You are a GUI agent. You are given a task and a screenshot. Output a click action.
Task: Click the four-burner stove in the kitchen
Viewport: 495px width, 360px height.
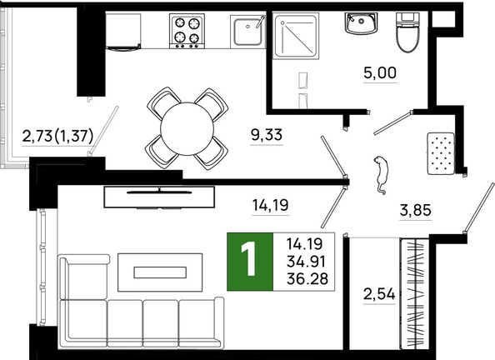pos(187,31)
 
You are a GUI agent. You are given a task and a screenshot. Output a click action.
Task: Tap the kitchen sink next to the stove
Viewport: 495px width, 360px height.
pos(248,31)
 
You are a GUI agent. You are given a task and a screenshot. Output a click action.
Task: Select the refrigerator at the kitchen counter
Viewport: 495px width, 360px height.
pos(123,32)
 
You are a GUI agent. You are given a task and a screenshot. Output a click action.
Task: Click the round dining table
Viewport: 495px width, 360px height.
pos(187,129)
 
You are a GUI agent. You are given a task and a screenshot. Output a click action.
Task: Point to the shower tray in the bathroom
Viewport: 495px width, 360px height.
pos(296,36)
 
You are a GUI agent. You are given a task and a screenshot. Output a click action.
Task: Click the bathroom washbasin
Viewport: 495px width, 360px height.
pos(361,22)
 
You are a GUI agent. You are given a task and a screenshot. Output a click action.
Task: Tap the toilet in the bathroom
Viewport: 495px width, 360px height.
pos(407,32)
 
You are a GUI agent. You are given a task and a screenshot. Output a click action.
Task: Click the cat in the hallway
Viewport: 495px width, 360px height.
pos(381,174)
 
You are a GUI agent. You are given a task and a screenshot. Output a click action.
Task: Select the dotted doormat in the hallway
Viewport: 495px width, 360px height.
pos(441,153)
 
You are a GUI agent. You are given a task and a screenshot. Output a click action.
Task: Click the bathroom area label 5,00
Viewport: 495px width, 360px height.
pos(380,73)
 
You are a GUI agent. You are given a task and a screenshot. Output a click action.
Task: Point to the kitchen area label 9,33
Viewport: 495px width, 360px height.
pos(267,135)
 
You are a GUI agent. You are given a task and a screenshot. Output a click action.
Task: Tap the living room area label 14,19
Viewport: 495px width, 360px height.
pos(271,205)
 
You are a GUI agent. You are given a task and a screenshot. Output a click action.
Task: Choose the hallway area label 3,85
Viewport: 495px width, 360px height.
pos(416,210)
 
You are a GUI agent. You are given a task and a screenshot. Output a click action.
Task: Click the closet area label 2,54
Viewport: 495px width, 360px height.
pos(379,295)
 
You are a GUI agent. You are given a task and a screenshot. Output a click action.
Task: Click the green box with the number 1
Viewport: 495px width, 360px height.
pos(250,262)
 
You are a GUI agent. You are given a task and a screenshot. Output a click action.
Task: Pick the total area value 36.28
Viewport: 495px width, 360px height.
pos(307,279)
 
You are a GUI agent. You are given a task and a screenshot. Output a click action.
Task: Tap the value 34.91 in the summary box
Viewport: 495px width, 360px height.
pos(306,262)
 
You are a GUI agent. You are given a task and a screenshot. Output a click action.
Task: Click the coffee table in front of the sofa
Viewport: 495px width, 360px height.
pos(160,272)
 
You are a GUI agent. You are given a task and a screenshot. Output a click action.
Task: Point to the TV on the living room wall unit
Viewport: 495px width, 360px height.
pos(159,191)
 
